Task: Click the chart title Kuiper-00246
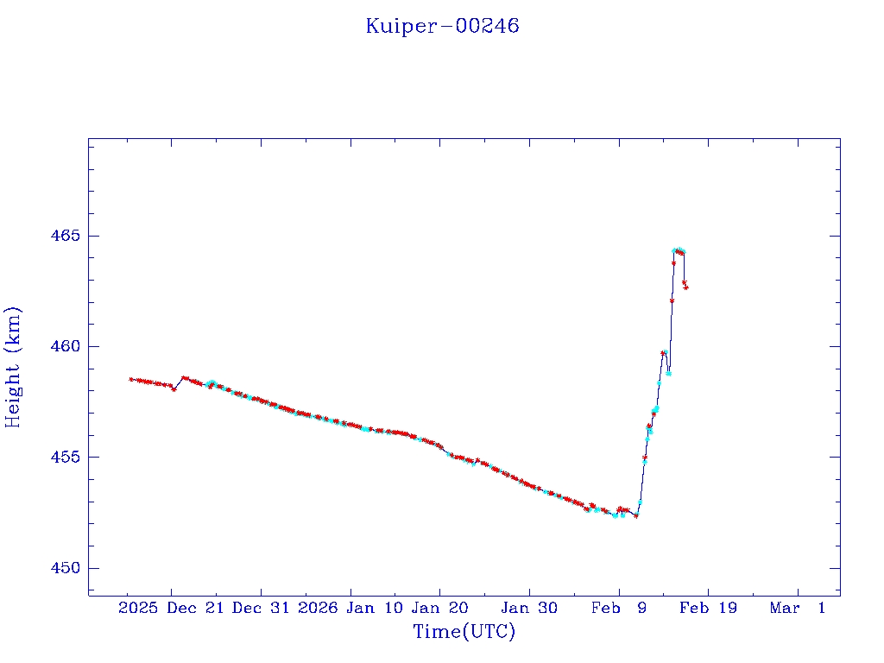[442, 26]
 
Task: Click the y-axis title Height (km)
[13, 367]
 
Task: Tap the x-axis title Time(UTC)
[464, 632]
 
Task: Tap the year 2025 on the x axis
[138, 608]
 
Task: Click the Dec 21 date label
[196, 608]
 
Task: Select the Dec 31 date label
[262, 608]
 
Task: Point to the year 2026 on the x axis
[318, 608]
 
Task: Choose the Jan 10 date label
[376, 608]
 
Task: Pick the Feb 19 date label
[709, 608]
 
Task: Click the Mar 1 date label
[799, 608]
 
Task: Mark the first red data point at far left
[131, 379]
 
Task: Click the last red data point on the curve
[685, 287]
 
